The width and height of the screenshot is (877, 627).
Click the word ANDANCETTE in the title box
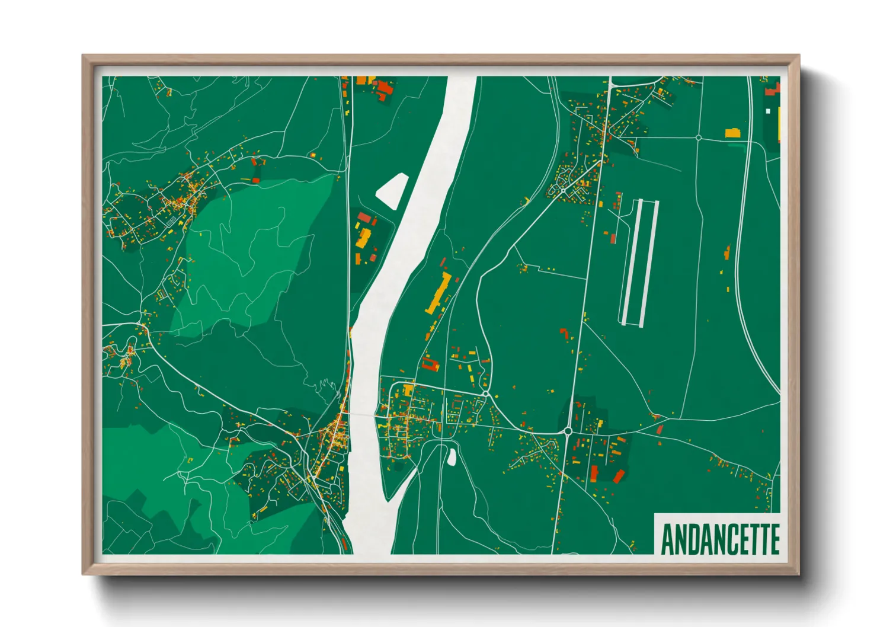coord(719,539)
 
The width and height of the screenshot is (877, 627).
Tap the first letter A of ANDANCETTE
coord(668,539)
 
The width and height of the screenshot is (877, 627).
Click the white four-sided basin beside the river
coord(391,190)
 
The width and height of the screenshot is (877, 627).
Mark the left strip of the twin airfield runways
coord(630,262)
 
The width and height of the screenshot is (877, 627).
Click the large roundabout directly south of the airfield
coord(567,431)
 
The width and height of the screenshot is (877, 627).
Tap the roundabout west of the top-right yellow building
coord(699,137)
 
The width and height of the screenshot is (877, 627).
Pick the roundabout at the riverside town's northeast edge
coord(486,394)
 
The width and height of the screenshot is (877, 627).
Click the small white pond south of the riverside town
coord(452,456)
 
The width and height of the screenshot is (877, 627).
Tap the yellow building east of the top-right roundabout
coord(733,133)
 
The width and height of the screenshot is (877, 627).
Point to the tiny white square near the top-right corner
coord(768,111)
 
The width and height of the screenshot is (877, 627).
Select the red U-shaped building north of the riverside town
coord(430,363)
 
